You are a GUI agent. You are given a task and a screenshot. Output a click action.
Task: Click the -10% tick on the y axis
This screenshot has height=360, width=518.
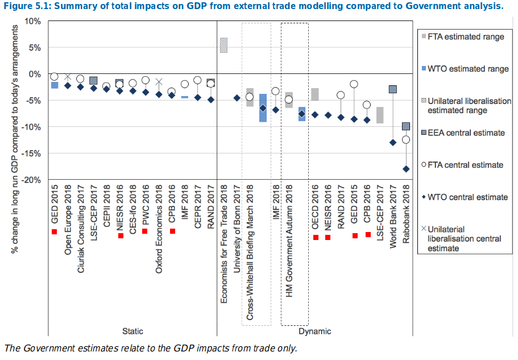(32, 127)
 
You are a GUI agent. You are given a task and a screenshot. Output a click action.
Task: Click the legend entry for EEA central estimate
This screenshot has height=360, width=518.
(465, 133)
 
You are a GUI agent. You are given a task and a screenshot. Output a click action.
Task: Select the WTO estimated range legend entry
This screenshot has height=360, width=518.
(467, 69)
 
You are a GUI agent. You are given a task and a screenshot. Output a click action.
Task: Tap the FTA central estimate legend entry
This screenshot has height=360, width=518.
(465, 165)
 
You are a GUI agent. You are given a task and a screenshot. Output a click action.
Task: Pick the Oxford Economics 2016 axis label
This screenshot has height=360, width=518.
(160, 228)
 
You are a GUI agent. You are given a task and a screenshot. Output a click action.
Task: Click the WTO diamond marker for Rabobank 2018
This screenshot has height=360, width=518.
(406, 169)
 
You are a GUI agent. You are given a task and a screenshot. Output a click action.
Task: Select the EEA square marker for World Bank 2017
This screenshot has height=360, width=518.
(393, 89)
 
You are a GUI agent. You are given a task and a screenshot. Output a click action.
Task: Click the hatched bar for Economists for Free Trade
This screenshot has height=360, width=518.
(224, 45)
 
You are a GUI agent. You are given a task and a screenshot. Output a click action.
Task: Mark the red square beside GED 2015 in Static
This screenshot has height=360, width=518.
(55, 231)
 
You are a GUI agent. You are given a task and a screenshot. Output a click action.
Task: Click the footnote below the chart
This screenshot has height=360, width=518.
(151, 348)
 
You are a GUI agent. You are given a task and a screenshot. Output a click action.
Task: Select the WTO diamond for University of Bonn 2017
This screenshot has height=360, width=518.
(237, 98)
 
